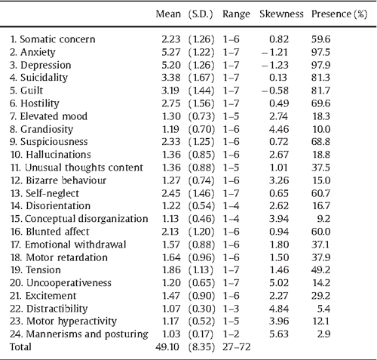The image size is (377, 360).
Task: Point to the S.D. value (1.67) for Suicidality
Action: click(x=201, y=76)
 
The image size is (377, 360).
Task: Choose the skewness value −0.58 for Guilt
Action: click(x=278, y=90)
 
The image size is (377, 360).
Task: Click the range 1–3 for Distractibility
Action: click(x=231, y=309)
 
